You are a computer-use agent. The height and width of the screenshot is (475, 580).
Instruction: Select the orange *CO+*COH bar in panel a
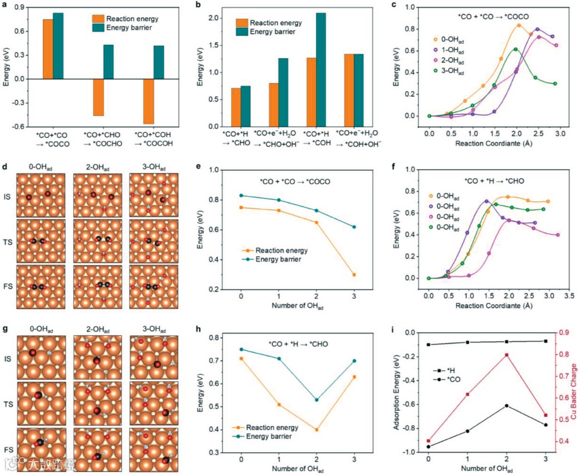click(x=148, y=101)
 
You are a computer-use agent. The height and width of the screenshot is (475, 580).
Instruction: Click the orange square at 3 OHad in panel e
click(x=354, y=275)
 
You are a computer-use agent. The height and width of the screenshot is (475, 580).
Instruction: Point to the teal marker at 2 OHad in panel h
click(x=316, y=400)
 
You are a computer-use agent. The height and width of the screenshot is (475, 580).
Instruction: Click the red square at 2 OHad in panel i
click(x=506, y=355)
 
